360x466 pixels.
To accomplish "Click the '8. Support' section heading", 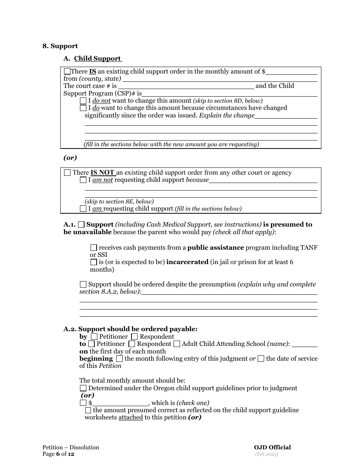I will (60, 46).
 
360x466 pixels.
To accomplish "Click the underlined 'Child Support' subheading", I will (97, 58).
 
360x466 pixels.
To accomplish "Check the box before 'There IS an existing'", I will (67, 71).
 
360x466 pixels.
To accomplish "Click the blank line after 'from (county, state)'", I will (220, 79).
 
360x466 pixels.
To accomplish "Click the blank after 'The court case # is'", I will (186, 86).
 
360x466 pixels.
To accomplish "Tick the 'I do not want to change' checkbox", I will (83, 101).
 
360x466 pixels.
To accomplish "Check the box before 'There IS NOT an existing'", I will (67, 173).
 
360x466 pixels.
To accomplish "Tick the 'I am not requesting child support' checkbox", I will (83, 180).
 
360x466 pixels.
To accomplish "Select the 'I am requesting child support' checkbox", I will (83, 208).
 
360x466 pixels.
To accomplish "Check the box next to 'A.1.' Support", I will (81, 224).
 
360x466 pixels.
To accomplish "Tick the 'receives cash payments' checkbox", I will (94, 247).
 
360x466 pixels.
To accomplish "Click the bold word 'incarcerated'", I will (187, 262).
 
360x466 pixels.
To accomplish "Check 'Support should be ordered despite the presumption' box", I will (83, 284).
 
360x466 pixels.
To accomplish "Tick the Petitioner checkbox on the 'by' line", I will (94, 336).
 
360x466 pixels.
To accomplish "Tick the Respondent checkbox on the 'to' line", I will (132, 344).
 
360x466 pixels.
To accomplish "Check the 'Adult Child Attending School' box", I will (177, 344).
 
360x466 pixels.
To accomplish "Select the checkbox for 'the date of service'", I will (261, 358).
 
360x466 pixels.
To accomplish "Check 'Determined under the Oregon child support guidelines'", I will (83, 388).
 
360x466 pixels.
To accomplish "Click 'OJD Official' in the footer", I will (272, 447).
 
